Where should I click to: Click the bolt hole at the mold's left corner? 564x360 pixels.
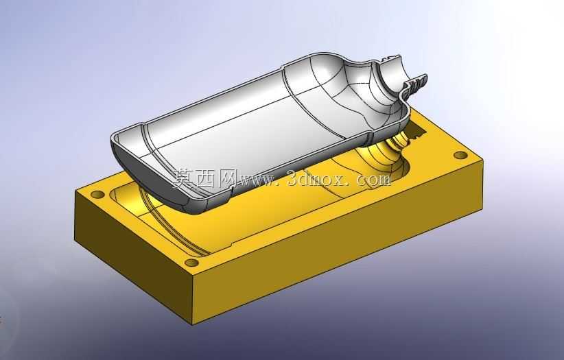[97, 195]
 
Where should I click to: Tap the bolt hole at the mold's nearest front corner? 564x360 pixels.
[191, 263]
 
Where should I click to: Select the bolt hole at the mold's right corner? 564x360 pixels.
[460, 156]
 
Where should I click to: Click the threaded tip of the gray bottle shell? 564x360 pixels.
[416, 85]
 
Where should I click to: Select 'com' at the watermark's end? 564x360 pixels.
[373, 179]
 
